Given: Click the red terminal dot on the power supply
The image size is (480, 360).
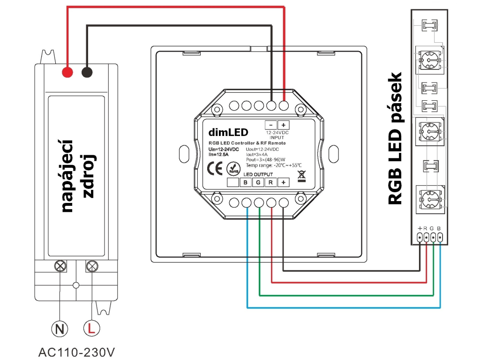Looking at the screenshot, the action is (x=67, y=72).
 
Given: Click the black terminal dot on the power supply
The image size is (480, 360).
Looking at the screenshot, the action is (x=87, y=72).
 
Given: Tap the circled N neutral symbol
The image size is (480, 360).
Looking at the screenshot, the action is (x=60, y=329).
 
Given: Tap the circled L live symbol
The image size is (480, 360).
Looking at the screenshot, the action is (x=91, y=328).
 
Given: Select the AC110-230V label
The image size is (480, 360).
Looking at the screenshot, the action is (x=76, y=352).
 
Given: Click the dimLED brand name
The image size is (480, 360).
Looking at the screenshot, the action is (x=228, y=132).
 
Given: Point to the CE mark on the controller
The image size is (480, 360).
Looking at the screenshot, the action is (x=215, y=168).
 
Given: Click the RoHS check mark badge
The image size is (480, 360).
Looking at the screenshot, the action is (x=233, y=169).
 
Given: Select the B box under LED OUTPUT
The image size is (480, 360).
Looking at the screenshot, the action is (x=246, y=182).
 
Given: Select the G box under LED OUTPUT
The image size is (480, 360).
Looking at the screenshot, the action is (x=258, y=182).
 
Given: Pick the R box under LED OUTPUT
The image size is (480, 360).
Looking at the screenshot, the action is (x=270, y=182).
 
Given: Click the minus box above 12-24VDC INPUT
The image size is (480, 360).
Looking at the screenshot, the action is (x=270, y=125).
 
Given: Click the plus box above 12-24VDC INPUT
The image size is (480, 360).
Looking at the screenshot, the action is (x=284, y=125).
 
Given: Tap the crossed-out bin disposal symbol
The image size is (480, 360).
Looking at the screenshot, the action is (x=301, y=176).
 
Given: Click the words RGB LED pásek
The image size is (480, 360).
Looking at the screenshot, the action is (x=395, y=138).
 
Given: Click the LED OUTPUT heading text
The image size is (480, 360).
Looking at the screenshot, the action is (x=258, y=174).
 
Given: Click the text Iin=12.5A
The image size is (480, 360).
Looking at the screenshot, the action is (x=218, y=155).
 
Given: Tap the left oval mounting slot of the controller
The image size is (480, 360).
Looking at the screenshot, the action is (x=184, y=154).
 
